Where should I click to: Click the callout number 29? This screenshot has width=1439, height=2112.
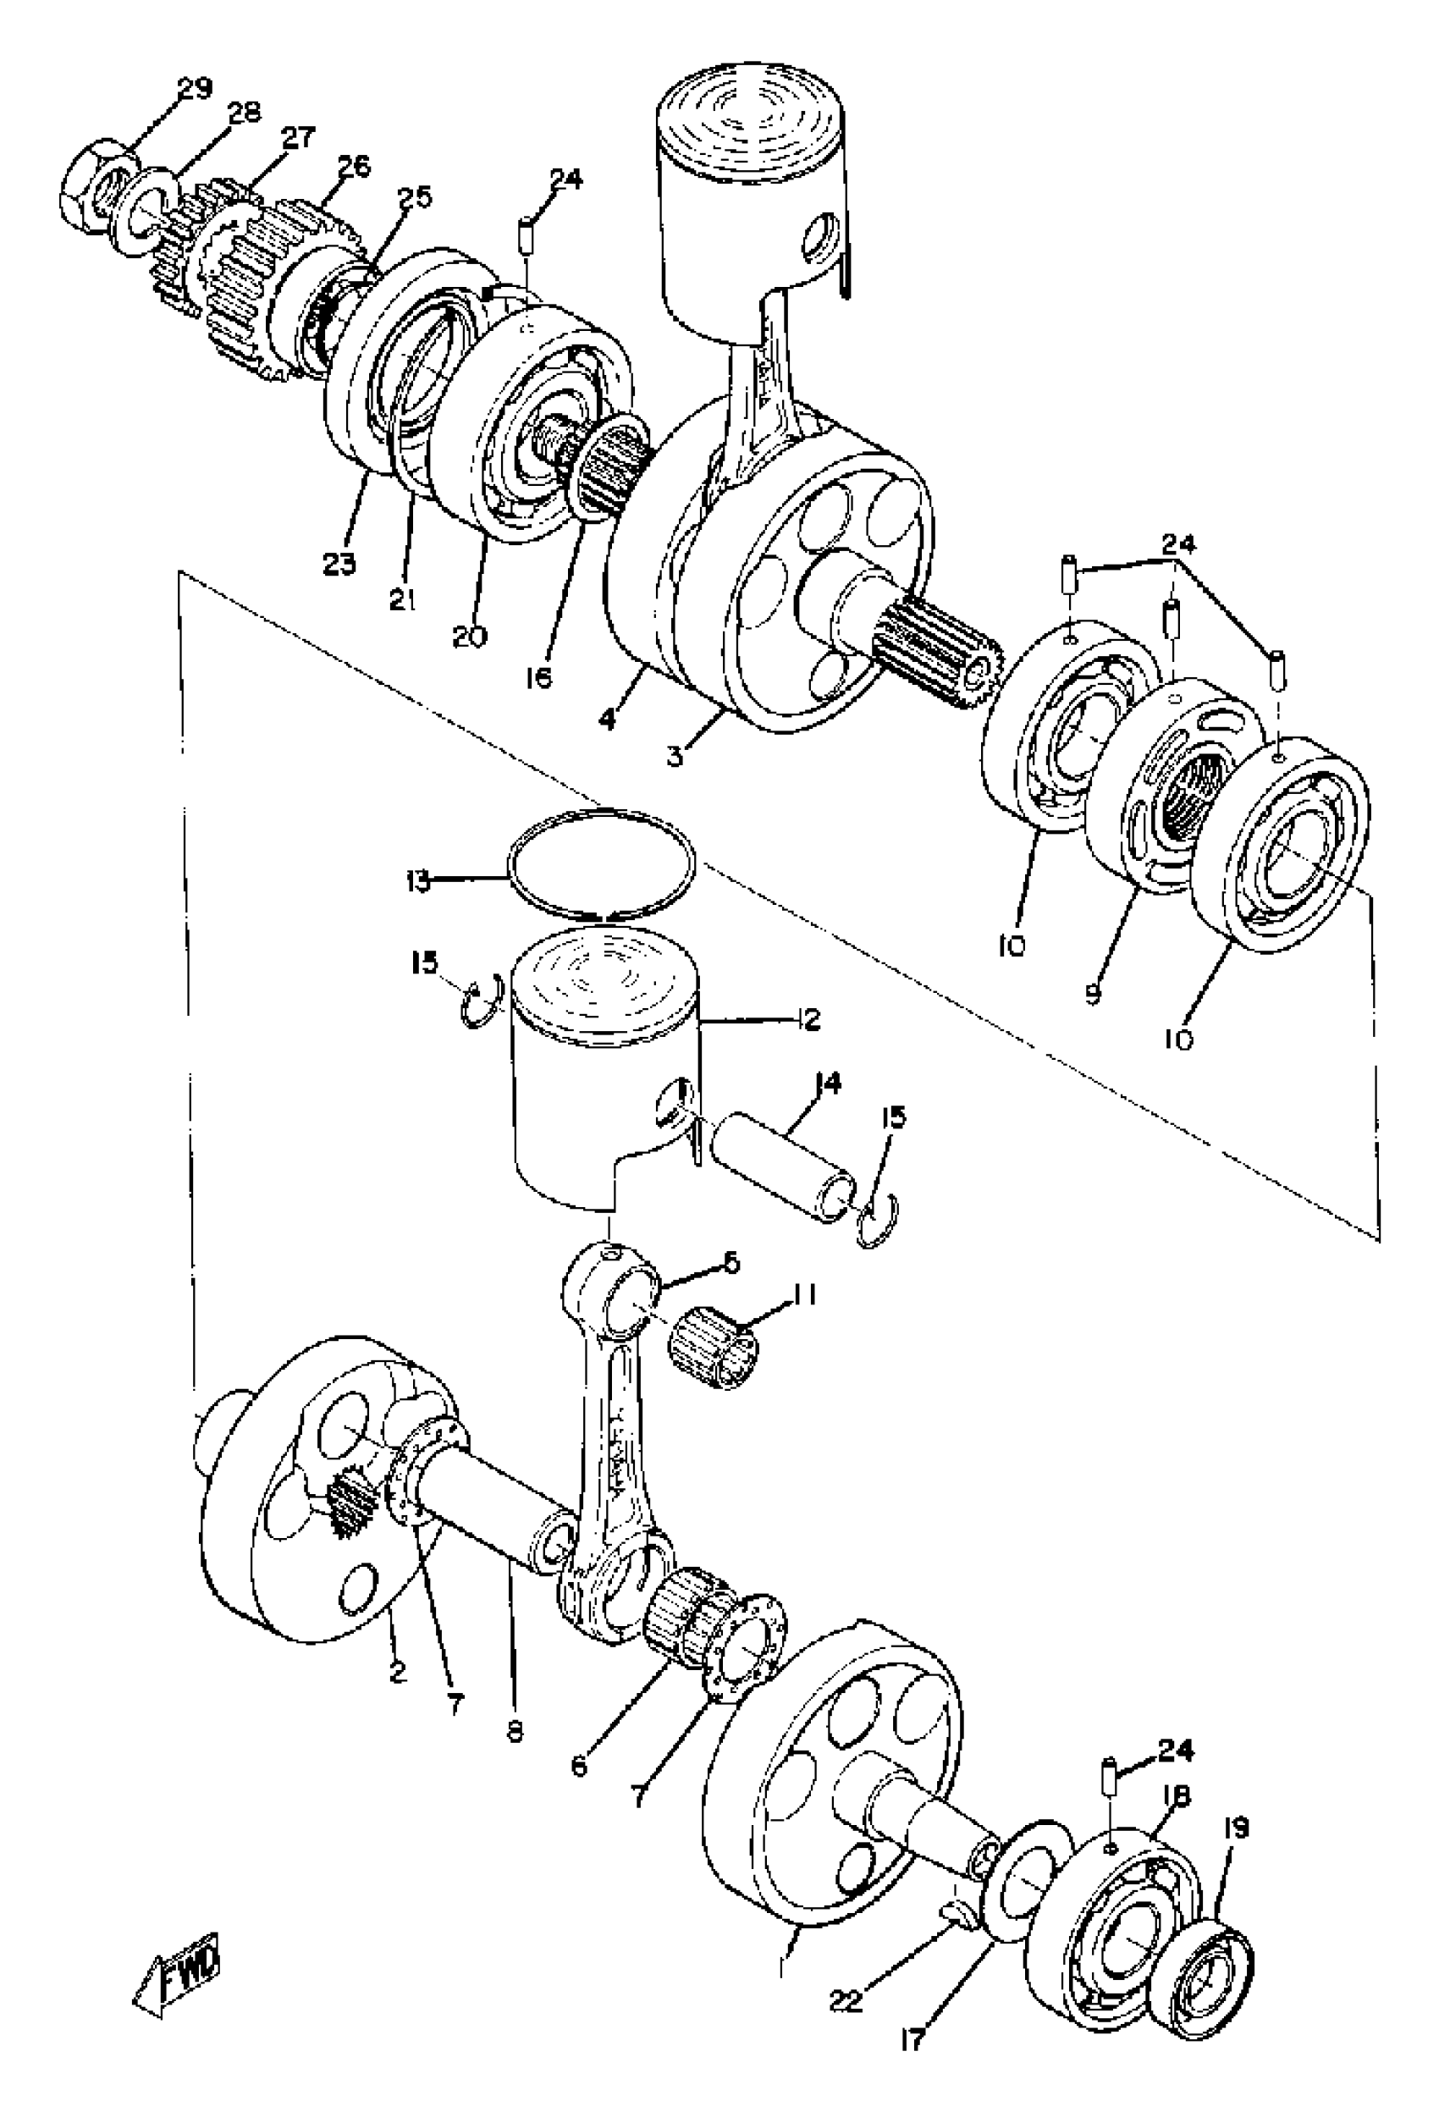[193, 88]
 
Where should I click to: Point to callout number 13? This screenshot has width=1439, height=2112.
[418, 880]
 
